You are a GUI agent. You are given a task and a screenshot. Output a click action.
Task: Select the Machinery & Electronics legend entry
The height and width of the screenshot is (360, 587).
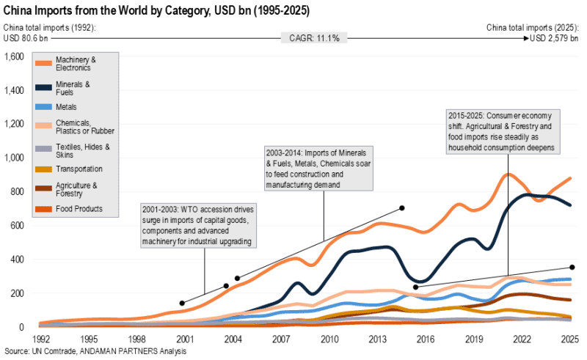tap(76, 63)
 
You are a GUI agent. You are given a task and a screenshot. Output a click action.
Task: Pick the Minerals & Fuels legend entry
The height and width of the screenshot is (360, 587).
tap(73, 89)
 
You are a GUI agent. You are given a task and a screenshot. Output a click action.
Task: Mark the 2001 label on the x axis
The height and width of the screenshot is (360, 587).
tap(184, 339)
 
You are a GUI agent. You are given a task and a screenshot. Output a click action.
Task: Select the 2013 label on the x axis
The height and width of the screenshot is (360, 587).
tap(377, 339)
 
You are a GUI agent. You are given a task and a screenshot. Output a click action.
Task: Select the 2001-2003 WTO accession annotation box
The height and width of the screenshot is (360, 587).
tap(198, 226)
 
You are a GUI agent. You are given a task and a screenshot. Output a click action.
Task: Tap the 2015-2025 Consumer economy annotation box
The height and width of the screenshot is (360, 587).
tap(503, 131)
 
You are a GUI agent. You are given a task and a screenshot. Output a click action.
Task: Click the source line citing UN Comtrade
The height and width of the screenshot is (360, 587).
tap(95, 352)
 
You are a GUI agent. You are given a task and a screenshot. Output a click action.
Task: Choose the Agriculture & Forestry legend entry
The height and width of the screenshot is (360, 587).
tap(76, 190)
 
